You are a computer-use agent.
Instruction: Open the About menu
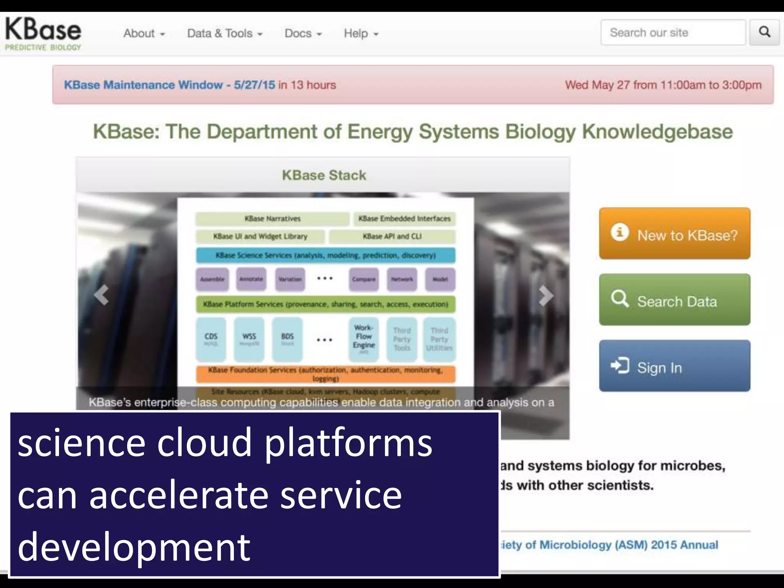pos(144,34)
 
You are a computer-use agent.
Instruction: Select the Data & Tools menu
pos(224,34)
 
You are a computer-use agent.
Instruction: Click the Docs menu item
pos(303,34)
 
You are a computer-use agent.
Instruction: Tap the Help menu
pos(361,34)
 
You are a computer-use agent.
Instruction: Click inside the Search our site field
pos(673,33)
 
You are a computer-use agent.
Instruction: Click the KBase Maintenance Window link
pos(169,85)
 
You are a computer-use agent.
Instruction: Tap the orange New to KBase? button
pos(674,234)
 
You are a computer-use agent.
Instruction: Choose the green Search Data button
pos(674,300)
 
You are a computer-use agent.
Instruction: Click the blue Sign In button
pos(674,366)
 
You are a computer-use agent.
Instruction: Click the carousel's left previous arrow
pos(101,296)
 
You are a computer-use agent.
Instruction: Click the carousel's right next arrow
pos(545,296)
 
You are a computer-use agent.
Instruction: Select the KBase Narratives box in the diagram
pos(272,219)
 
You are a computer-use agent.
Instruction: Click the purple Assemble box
pos(212,279)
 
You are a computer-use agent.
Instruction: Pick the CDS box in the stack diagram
pos(211,338)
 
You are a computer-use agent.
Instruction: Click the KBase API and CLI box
pos(392,237)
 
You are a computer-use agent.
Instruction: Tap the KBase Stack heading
pos(324,175)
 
